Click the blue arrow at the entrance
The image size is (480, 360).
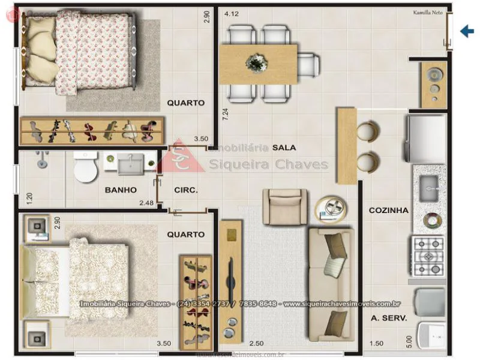click(467, 31)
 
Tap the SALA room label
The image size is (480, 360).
click(283, 147)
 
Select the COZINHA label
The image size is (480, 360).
click(388, 211)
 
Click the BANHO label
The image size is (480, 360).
click(121, 190)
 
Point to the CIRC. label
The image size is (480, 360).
click(186, 190)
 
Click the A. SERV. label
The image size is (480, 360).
click(388, 319)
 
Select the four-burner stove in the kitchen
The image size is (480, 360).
click(428, 256)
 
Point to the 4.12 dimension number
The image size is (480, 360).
click(231, 13)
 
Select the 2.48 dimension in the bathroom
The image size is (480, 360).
click(146, 203)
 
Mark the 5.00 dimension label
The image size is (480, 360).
click(409, 340)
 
